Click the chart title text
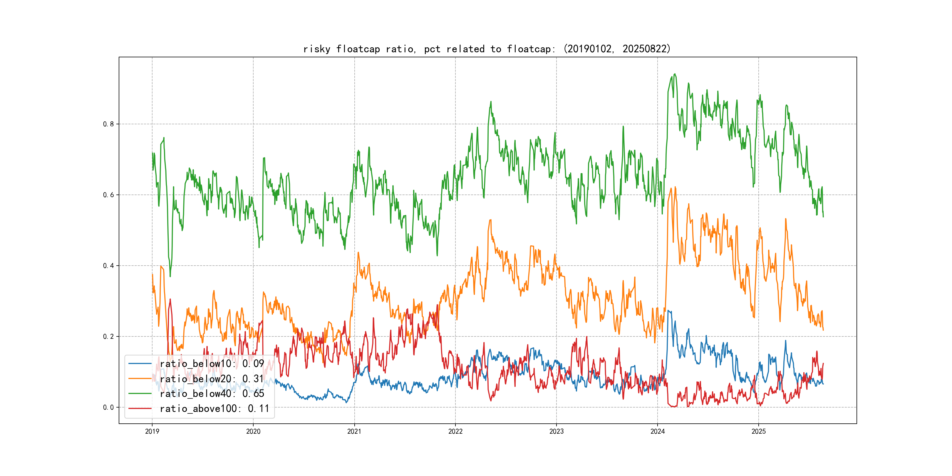(x=487, y=49)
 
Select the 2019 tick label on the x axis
(x=152, y=431)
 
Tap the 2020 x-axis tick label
(x=253, y=431)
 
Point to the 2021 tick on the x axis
(x=354, y=431)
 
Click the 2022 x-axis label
(x=455, y=431)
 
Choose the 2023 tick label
(x=556, y=431)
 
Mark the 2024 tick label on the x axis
(x=658, y=431)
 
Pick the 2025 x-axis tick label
(x=758, y=431)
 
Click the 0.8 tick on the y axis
(x=108, y=124)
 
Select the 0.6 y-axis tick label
(x=108, y=195)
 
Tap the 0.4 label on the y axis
(x=108, y=266)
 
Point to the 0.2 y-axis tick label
(x=108, y=336)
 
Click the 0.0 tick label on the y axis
(x=108, y=407)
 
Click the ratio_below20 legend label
(x=212, y=379)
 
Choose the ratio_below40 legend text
(x=212, y=394)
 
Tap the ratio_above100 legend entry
(x=214, y=408)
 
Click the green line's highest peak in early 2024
(x=675, y=74)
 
